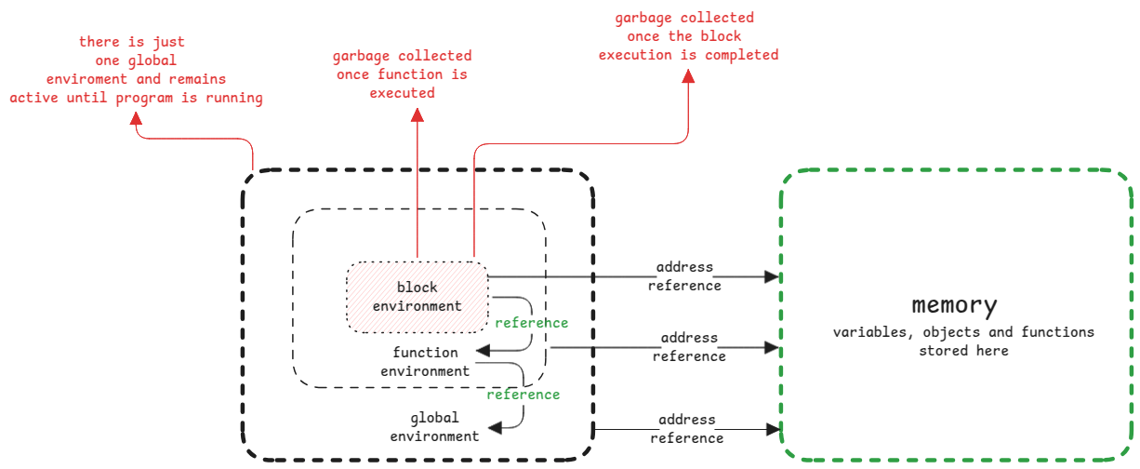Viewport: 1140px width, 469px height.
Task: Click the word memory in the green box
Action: (954, 305)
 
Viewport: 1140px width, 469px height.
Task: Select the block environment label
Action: (417, 296)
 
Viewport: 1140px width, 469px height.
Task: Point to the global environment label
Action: (434, 427)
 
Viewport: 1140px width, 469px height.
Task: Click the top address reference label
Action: (684, 276)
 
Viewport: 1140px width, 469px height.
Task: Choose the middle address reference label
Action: (689, 347)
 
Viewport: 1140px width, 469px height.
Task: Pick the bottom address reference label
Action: (687, 429)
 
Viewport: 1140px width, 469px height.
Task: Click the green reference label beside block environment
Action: (531, 323)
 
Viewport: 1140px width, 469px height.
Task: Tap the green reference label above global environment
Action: (524, 395)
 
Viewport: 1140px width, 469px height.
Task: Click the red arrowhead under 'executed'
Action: (418, 114)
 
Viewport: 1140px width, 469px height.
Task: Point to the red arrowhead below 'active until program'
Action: (136, 119)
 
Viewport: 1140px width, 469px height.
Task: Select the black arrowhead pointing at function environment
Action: (484, 351)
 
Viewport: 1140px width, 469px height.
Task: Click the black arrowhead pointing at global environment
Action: (496, 427)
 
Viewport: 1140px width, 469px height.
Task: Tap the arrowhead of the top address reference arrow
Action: (771, 276)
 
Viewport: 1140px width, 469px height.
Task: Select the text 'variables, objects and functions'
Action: (963, 332)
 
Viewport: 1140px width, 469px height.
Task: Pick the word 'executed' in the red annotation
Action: (402, 93)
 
